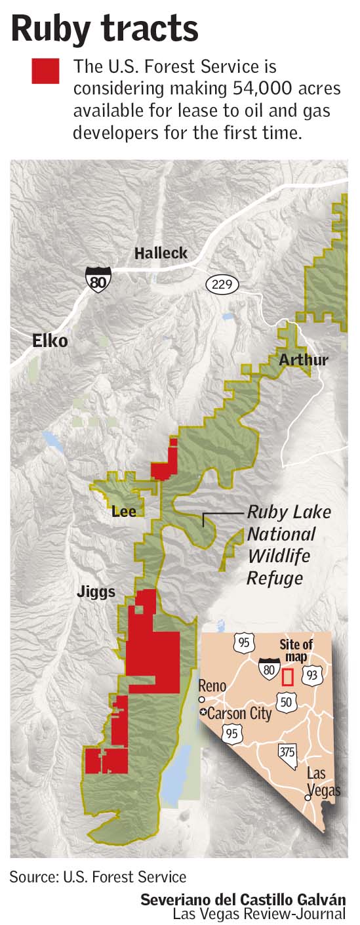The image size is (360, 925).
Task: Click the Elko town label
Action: pyautogui.click(x=50, y=341)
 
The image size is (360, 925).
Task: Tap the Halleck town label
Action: pyautogui.click(x=161, y=253)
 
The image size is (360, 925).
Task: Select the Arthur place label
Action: pyautogui.click(x=303, y=360)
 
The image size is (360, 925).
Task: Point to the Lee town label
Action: pyautogui.click(x=124, y=510)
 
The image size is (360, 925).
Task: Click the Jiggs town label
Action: pyautogui.click(x=96, y=592)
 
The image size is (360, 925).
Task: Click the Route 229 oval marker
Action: pyautogui.click(x=222, y=285)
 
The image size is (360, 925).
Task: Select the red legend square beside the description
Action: pyautogui.click(x=45, y=71)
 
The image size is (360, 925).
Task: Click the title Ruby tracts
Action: pyautogui.click(x=105, y=29)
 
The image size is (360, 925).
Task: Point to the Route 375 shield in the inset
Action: pyautogui.click(x=287, y=752)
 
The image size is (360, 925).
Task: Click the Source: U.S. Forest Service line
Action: pyautogui.click(x=98, y=876)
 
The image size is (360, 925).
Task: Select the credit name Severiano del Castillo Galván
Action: pyautogui.click(x=243, y=899)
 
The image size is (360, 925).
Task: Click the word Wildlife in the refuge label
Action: pyautogui.click(x=278, y=556)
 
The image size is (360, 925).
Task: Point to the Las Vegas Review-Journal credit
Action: pyautogui.click(x=259, y=913)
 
